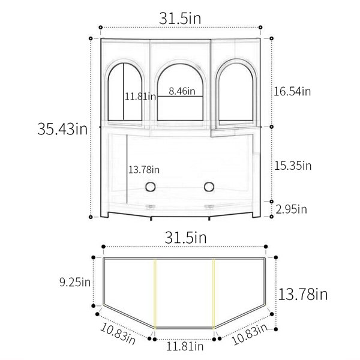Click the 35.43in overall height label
point(62,129)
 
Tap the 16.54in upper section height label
point(292,91)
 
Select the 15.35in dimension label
point(293,166)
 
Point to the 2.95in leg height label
point(291,209)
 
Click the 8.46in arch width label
point(182,91)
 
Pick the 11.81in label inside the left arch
point(140,96)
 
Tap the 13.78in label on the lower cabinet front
point(144,170)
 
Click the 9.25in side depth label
point(75,282)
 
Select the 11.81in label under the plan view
point(185,346)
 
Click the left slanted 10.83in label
point(118,334)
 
